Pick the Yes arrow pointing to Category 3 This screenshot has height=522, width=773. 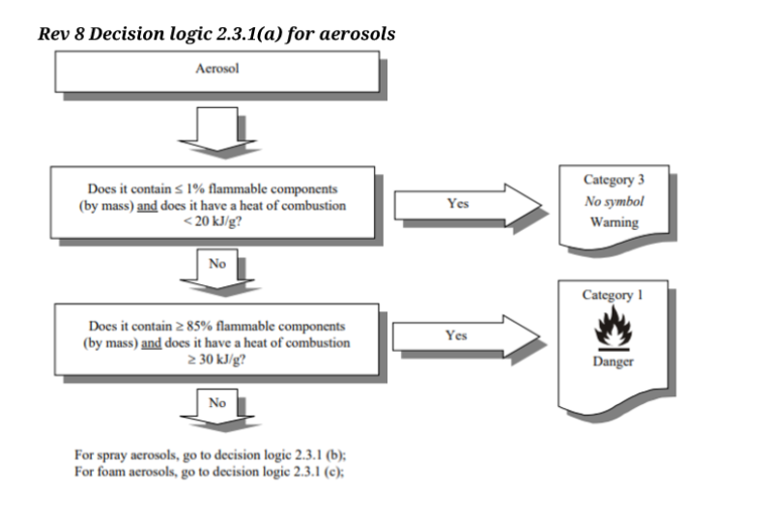click(464, 204)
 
